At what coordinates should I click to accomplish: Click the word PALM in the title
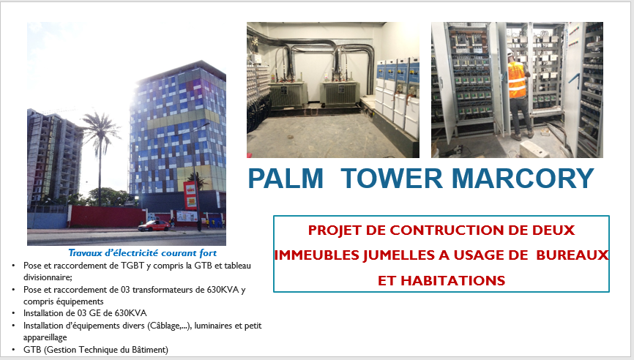[286, 179]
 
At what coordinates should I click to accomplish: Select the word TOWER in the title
[392, 179]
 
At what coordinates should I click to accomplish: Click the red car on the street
[154, 225]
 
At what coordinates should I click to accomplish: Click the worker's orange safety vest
[517, 80]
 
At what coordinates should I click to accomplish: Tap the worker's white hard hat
[510, 53]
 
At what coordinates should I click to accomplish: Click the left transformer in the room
[288, 94]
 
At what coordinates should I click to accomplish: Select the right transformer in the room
[340, 93]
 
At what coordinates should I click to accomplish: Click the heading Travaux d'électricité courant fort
[142, 253]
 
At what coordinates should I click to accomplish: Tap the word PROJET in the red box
[335, 230]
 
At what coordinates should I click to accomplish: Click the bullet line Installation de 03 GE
[85, 313]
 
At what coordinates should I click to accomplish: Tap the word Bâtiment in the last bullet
[149, 350]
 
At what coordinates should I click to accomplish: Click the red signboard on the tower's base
[190, 195]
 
